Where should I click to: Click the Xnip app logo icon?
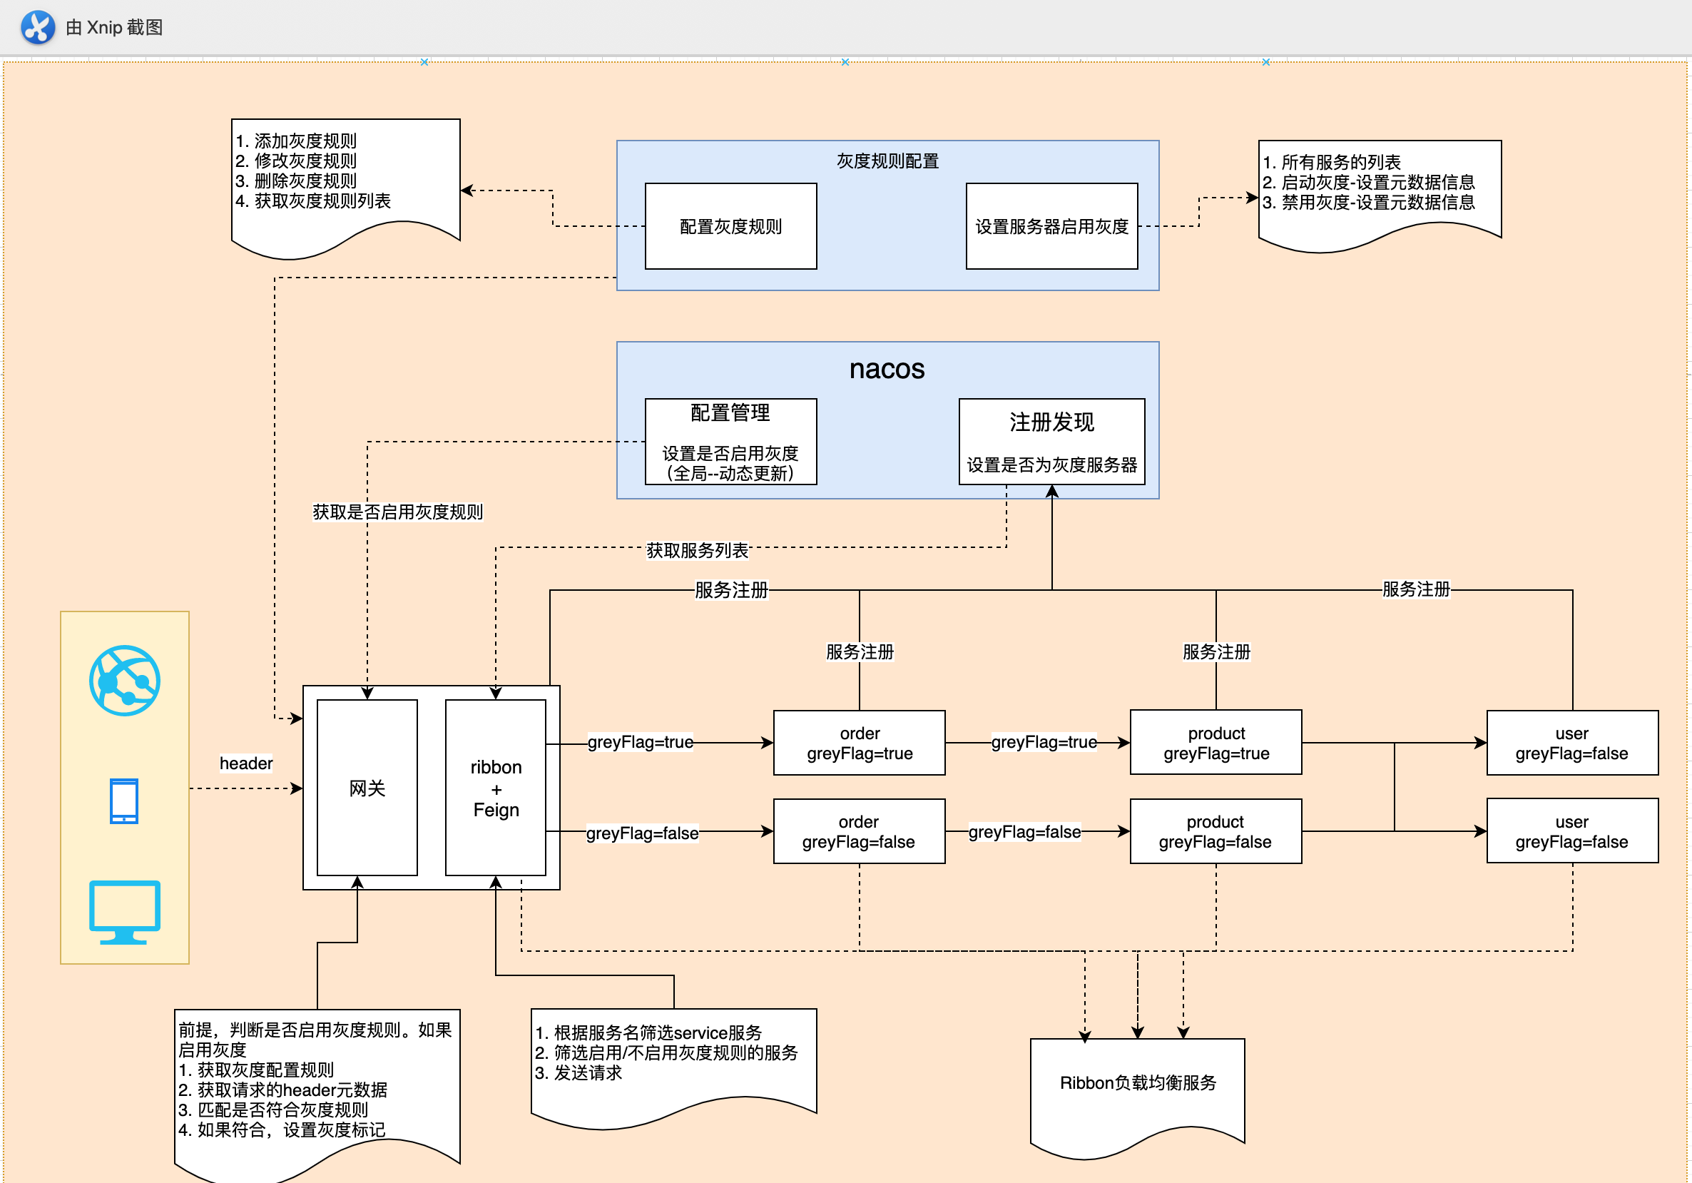pyautogui.click(x=38, y=27)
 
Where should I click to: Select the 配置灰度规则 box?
pyautogui.click(x=730, y=226)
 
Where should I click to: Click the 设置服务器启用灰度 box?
pyautogui.click(x=1051, y=226)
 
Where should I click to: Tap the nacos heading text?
pyautogui.click(x=887, y=369)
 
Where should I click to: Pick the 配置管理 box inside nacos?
pyautogui.click(x=730, y=442)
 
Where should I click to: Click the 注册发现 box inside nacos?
pyautogui.click(x=1051, y=442)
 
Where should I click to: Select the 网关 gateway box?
pyautogui.click(x=367, y=788)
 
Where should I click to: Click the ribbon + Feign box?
pyautogui.click(x=496, y=788)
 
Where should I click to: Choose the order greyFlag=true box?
pyautogui.click(x=860, y=743)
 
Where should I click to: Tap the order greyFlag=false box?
pyautogui.click(x=860, y=831)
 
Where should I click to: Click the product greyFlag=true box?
pyautogui.click(x=1216, y=743)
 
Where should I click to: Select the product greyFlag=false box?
pyautogui.click(x=1216, y=831)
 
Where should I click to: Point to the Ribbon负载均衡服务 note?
pyautogui.click(x=1137, y=1084)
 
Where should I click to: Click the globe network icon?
pyautogui.click(x=125, y=680)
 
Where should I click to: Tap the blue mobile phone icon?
pyautogui.click(x=124, y=801)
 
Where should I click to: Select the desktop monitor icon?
pyautogui.click(x=125, y=912)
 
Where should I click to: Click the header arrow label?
pyautogui.click(x=246, y=763)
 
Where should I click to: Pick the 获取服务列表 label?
pyautogui.click(x=696, y=551)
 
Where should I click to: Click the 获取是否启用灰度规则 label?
pyautogui.click(x=397, y=512)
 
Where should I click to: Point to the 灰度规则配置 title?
pyautogui.click(x=887, y=161)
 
